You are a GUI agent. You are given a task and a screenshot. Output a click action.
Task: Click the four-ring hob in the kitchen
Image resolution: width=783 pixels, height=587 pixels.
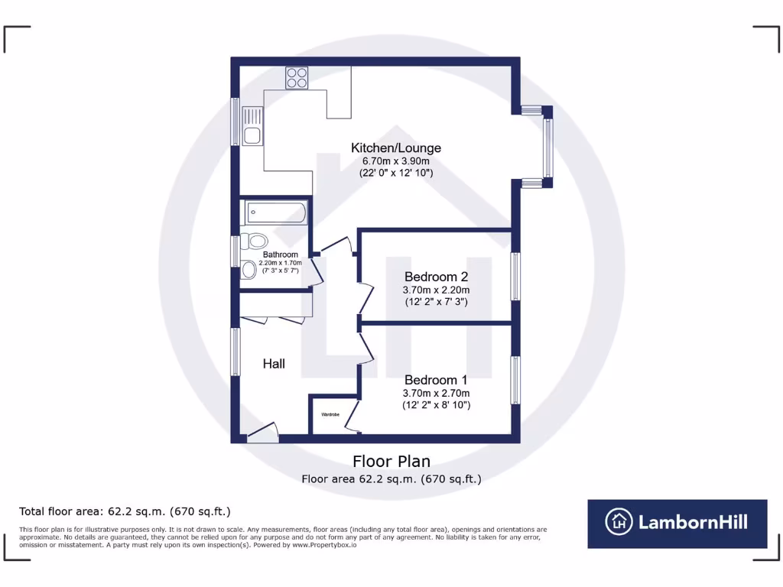pos(297,77)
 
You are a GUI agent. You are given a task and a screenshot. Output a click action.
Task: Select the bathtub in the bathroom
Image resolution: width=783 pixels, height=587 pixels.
pos(275,212)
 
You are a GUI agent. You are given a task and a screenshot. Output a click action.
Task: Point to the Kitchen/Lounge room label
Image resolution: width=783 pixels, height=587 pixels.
pos(395,148)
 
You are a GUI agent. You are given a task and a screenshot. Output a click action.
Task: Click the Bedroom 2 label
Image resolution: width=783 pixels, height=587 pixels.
pos(436,277)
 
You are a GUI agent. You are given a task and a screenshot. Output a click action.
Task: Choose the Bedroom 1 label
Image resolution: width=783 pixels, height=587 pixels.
pos(436,380)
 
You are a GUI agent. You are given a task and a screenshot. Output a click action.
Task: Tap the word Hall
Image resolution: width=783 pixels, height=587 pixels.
pos(274,364)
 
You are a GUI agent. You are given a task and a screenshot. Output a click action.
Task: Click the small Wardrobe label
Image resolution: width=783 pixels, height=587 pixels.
pos(330,414)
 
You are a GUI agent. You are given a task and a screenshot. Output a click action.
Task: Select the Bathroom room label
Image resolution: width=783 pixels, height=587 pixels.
pos(281,255)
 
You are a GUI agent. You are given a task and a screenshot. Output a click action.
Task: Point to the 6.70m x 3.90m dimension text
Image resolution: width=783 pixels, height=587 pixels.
pos(395,161)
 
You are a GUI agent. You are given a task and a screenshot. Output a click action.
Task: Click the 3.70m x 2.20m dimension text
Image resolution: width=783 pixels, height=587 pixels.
pos(436,290)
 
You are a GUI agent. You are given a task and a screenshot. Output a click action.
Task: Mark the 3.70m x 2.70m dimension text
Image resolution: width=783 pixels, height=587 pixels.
pos(436,393)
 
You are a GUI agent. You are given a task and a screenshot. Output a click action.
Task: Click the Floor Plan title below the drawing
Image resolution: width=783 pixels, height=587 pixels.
pos(391,461)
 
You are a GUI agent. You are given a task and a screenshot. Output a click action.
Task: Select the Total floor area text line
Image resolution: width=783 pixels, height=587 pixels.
pos(125,511)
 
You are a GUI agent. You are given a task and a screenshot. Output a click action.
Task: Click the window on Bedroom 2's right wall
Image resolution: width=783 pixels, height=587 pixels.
pos(516,277)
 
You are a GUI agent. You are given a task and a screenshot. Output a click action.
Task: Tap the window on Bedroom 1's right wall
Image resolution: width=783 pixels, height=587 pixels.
pos(516,380)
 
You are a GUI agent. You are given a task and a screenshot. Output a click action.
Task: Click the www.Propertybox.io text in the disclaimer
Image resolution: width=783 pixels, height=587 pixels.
pos(323,545)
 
